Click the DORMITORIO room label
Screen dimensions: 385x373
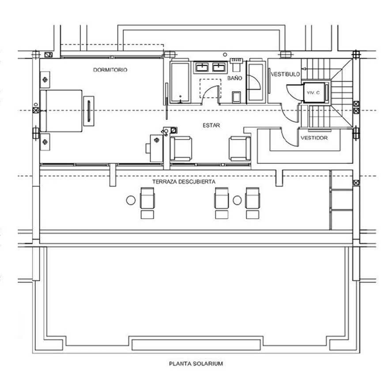coord(110,70)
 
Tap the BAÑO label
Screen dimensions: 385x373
coord(235,78)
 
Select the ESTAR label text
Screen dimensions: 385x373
coord(211,125)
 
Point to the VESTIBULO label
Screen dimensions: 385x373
coord(285,74)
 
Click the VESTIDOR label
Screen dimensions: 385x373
coord(314,138)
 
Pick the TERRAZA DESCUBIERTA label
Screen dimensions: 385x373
coord(184,182)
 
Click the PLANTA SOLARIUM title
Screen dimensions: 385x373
coord(196,363)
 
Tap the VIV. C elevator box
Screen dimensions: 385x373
coord(313,93)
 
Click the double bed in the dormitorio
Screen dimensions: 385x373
coord(61,111)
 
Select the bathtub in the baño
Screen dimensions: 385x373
coord(180,83)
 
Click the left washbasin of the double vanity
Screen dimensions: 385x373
coord(202,67)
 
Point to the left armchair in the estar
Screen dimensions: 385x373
coord(181,149)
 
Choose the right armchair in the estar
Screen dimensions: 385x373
coord(240,149)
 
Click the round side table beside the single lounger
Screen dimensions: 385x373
coord(131,200)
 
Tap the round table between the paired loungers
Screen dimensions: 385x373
coord(237,200)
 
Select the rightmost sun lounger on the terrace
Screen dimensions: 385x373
coord(253,203)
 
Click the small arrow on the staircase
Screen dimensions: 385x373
coord(304,69)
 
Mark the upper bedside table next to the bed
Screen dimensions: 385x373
coord(45,79)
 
